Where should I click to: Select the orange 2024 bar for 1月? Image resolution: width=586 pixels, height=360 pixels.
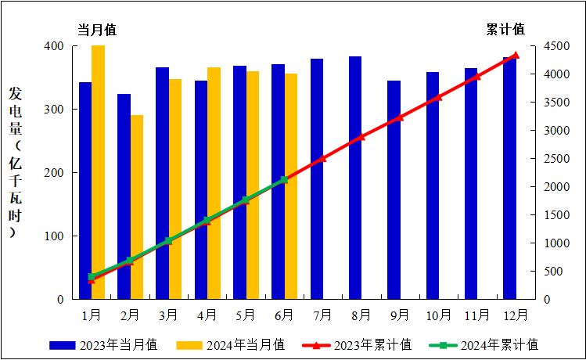pyautogui.click(x=98, y=172)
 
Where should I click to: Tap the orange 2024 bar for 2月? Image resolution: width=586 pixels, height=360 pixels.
pyautogui.click(x=137, y=207)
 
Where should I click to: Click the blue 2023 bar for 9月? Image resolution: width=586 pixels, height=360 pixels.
pyautogui.click(x=394, y=190)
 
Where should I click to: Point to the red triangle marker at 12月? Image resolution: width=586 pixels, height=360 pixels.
pyautogui.click(x=515, y=56)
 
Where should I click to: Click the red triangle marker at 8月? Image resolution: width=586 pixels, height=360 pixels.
pyautogui.click(x=361, y=137)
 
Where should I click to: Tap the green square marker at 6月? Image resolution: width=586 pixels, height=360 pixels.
pyautogui.click(x=284, y=180)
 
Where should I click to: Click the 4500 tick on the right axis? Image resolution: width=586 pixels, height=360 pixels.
pyautogui.click(x=557, y=46)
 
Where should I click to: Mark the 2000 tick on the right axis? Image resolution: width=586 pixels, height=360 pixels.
pyautogui.click(x=557, y=187)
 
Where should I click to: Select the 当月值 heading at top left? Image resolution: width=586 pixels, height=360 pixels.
pyautogui.click(x=96, y=30)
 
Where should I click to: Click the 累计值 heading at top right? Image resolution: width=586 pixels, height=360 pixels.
pyautogui.click(x=506, y=30)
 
